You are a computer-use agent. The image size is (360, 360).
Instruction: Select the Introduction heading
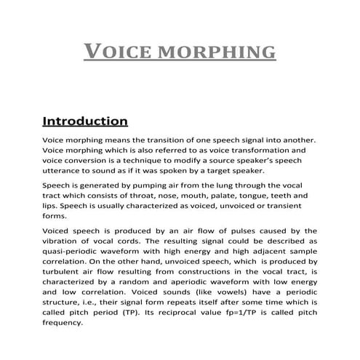[85, 119]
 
